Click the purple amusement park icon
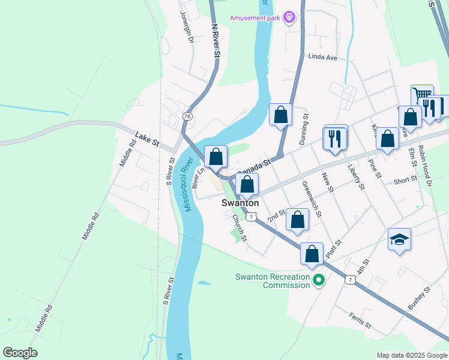[289, 17]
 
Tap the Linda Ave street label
[323, 57]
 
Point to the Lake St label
[146, 139]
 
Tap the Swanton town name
[240, 203]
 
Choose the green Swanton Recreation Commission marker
[319, 280]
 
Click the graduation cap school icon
[399, 239]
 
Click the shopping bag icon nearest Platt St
[312, 253]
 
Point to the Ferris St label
[360, 320]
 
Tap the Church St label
[240, 228]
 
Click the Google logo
[20, 353]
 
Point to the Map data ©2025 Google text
[411, 355]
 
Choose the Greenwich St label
[312, 199]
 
